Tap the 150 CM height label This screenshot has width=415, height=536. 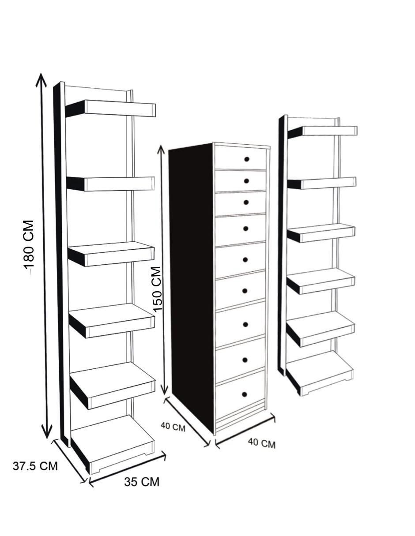[x=156, y=289]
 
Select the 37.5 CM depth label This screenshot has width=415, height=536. [x=35, y=466]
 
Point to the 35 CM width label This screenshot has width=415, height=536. [x=142, y=482]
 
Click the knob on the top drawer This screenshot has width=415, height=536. [x=246, y=159]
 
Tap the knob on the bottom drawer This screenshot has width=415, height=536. [x=245, y=394]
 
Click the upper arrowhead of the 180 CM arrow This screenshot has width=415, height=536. [x=41, y=79]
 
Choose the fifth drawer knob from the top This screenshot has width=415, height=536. [x=245, y=259]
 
